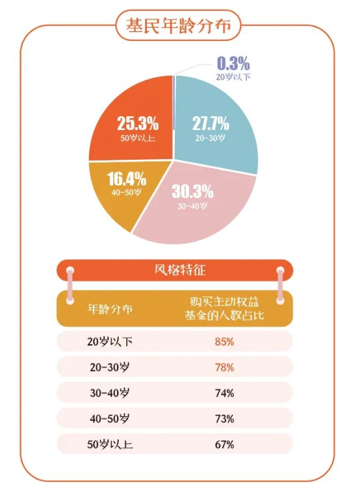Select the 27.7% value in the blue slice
tap(211, 123)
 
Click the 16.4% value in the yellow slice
tap(127, 179)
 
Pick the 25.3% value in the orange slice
tap(138, 123)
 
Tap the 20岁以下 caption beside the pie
tap(233, 76)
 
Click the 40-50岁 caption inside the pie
tap(127, 193)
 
